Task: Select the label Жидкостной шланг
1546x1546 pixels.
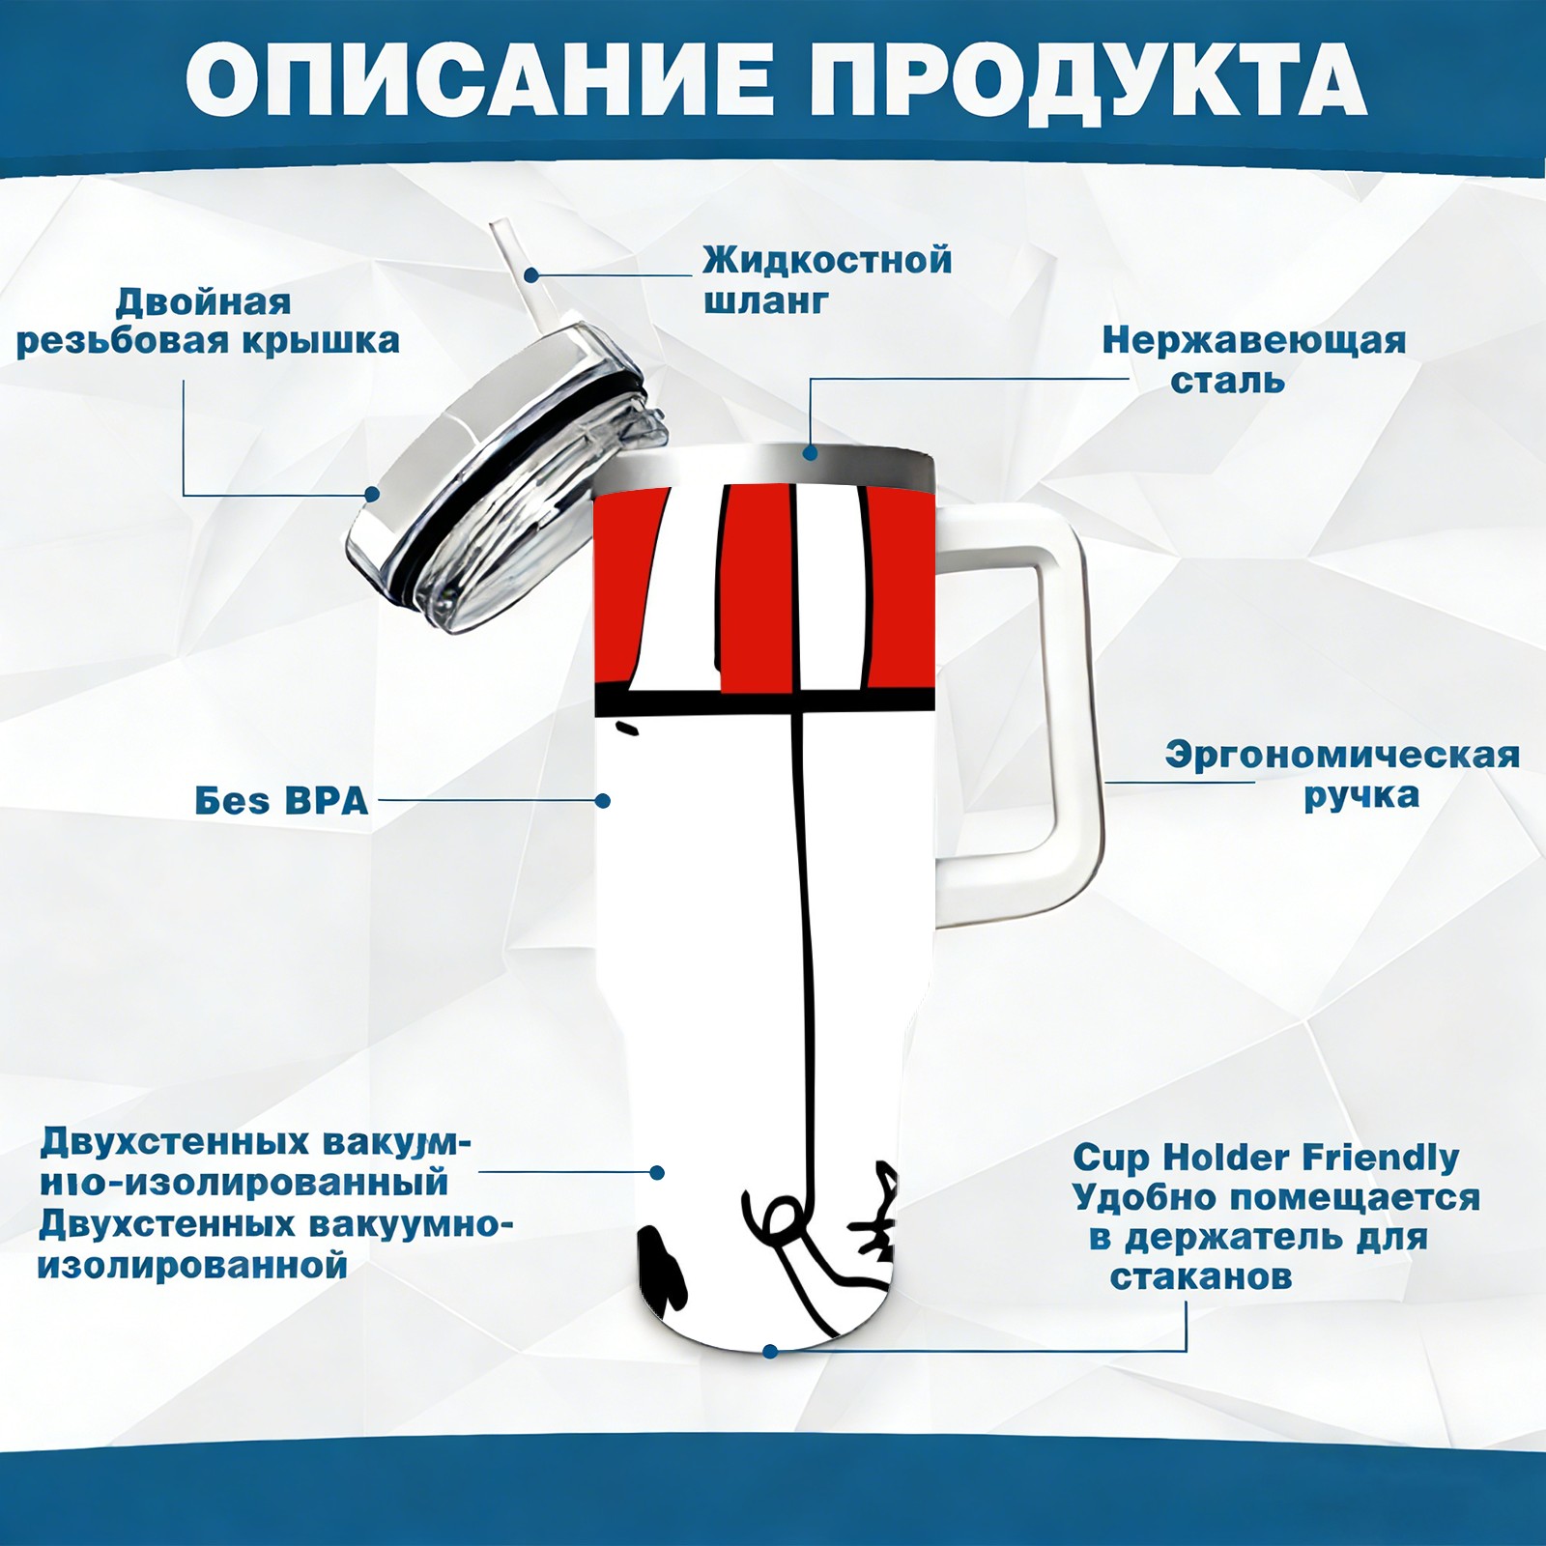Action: click(x=827, y=280)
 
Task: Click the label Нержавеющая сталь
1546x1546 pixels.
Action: click(x=1254, y=361)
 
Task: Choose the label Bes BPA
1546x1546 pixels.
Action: click(x=281, y=801)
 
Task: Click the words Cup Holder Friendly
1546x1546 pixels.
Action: click(x=1266, y=1158)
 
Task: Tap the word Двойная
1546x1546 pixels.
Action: click(x=203, y=303)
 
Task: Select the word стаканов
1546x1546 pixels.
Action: click(x=1200, y=1277)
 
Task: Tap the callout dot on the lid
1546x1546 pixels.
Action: click(x=372, y=495)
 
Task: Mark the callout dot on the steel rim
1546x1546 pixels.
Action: click(x=810, y=452)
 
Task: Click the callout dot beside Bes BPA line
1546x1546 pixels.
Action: click(x=603, y=801)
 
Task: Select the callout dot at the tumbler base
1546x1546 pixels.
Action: click(x=769, y=1351)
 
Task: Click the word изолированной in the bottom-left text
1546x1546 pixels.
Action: click(x=192, y=1265)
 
